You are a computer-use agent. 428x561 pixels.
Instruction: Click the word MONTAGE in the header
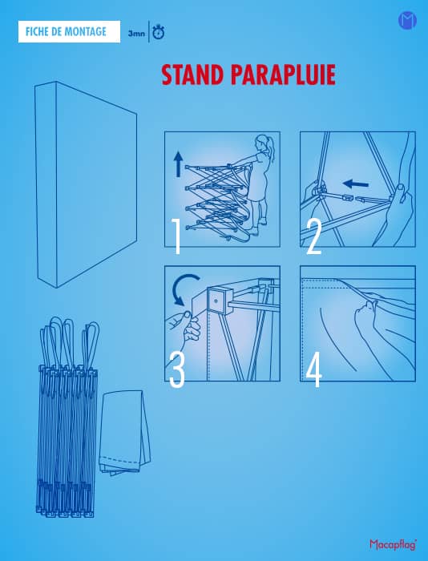click(87, 32)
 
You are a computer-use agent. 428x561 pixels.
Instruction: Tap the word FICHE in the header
click(38, 32)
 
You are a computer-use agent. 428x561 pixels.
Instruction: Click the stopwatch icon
click(158, 32)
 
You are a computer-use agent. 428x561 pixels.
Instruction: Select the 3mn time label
click(136, 34)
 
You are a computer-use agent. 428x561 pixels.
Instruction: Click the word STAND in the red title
click(192, 75)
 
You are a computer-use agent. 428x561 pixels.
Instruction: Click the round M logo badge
click(407, 20)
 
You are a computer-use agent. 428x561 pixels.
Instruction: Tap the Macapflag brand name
click(394, 544)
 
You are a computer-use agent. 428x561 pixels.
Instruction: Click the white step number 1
click(176, 236)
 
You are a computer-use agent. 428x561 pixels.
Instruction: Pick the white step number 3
click(177, 369)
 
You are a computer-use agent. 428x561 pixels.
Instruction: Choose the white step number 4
click(313, 370)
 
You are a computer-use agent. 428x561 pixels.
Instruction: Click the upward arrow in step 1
click(178, 164)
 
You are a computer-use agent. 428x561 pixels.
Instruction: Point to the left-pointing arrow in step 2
click(355, 184)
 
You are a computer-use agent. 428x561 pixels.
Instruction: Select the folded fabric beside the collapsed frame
click(124, 433)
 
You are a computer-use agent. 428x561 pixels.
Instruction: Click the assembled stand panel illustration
click(86, 184)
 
